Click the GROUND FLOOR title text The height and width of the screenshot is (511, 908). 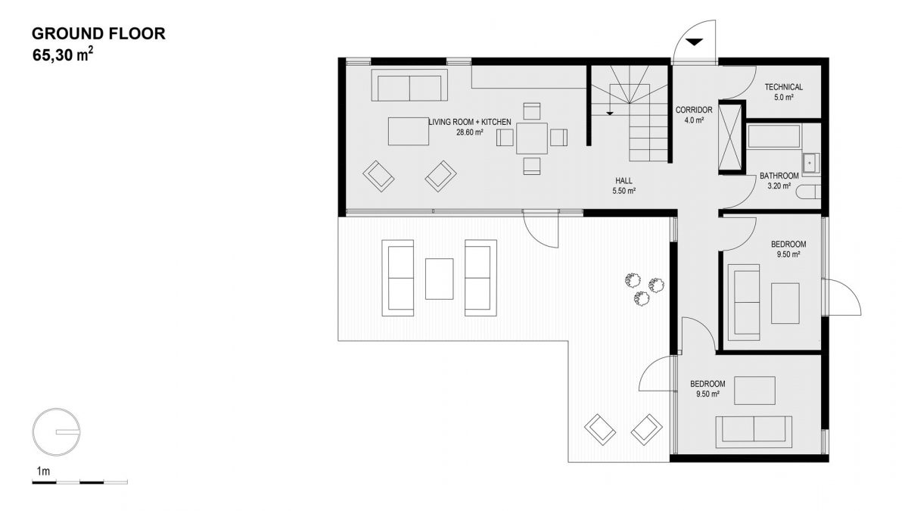(98, 33)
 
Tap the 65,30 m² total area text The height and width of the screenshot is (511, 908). (63, 55)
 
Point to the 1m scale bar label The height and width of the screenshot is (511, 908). (43, 471)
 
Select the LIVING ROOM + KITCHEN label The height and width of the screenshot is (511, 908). (470, 122)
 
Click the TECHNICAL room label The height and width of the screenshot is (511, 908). (784, 87)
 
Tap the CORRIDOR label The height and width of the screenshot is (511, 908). (694, 110)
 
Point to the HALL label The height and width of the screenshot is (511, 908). (623, 180)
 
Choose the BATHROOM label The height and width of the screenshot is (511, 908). (779, 176)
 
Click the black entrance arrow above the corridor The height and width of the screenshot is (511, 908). (695, 42)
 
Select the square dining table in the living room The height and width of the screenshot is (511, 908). (532, 139)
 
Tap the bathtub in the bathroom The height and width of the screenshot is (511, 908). (774, 137)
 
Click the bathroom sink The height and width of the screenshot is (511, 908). (810, 164)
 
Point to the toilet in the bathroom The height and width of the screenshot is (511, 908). (809, 192)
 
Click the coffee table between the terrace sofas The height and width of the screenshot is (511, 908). (439, 279)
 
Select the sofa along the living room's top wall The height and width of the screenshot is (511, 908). (409, 85)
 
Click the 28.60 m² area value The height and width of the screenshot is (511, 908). (470, 132)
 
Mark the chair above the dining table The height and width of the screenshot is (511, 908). (532, 111)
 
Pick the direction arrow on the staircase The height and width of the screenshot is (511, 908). (610, 113)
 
